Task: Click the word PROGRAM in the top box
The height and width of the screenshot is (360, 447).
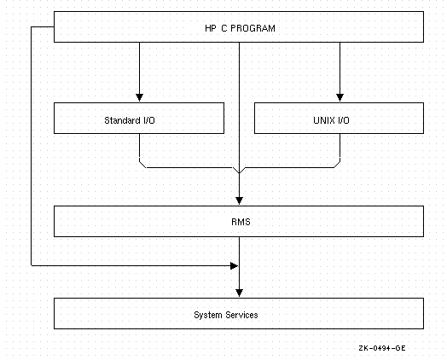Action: pyautogui.click(x=253, y=28)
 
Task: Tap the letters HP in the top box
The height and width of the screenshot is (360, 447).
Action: pyautogui.click(x=211, y=28)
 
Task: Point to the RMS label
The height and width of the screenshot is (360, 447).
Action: pyautogui.click(x=241, y=222)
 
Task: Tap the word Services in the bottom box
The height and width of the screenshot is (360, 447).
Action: pyautogui.click(x=241, y=315)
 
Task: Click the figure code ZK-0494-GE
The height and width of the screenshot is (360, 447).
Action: pyautogui.click(x=382, y=348)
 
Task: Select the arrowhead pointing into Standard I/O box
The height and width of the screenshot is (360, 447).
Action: pyautogui.click(x=139, y=97)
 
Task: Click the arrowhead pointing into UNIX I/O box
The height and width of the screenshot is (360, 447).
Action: pyautogui.click(x=340, y=97)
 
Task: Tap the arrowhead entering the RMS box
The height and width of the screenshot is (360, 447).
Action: pyautogui.click(x=239, y=200)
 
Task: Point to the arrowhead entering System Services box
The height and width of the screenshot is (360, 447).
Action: pyautogui.click(x=239, y=293)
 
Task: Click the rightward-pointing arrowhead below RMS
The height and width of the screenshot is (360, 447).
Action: pyautogui.click(x=234, y=266)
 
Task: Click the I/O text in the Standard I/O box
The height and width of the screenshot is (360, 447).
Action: pyautogui.click(x=148, y=120)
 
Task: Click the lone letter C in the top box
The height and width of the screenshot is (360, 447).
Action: pyautogui.click(x=223, y=28)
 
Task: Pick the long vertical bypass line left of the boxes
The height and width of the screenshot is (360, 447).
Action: pyautogui.click(x=31, y=146)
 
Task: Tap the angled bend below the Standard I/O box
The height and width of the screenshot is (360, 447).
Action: pyautogui.click(x=142, y=165)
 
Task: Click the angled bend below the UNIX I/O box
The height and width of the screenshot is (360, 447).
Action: pyautogui.click(x=337, y=165)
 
